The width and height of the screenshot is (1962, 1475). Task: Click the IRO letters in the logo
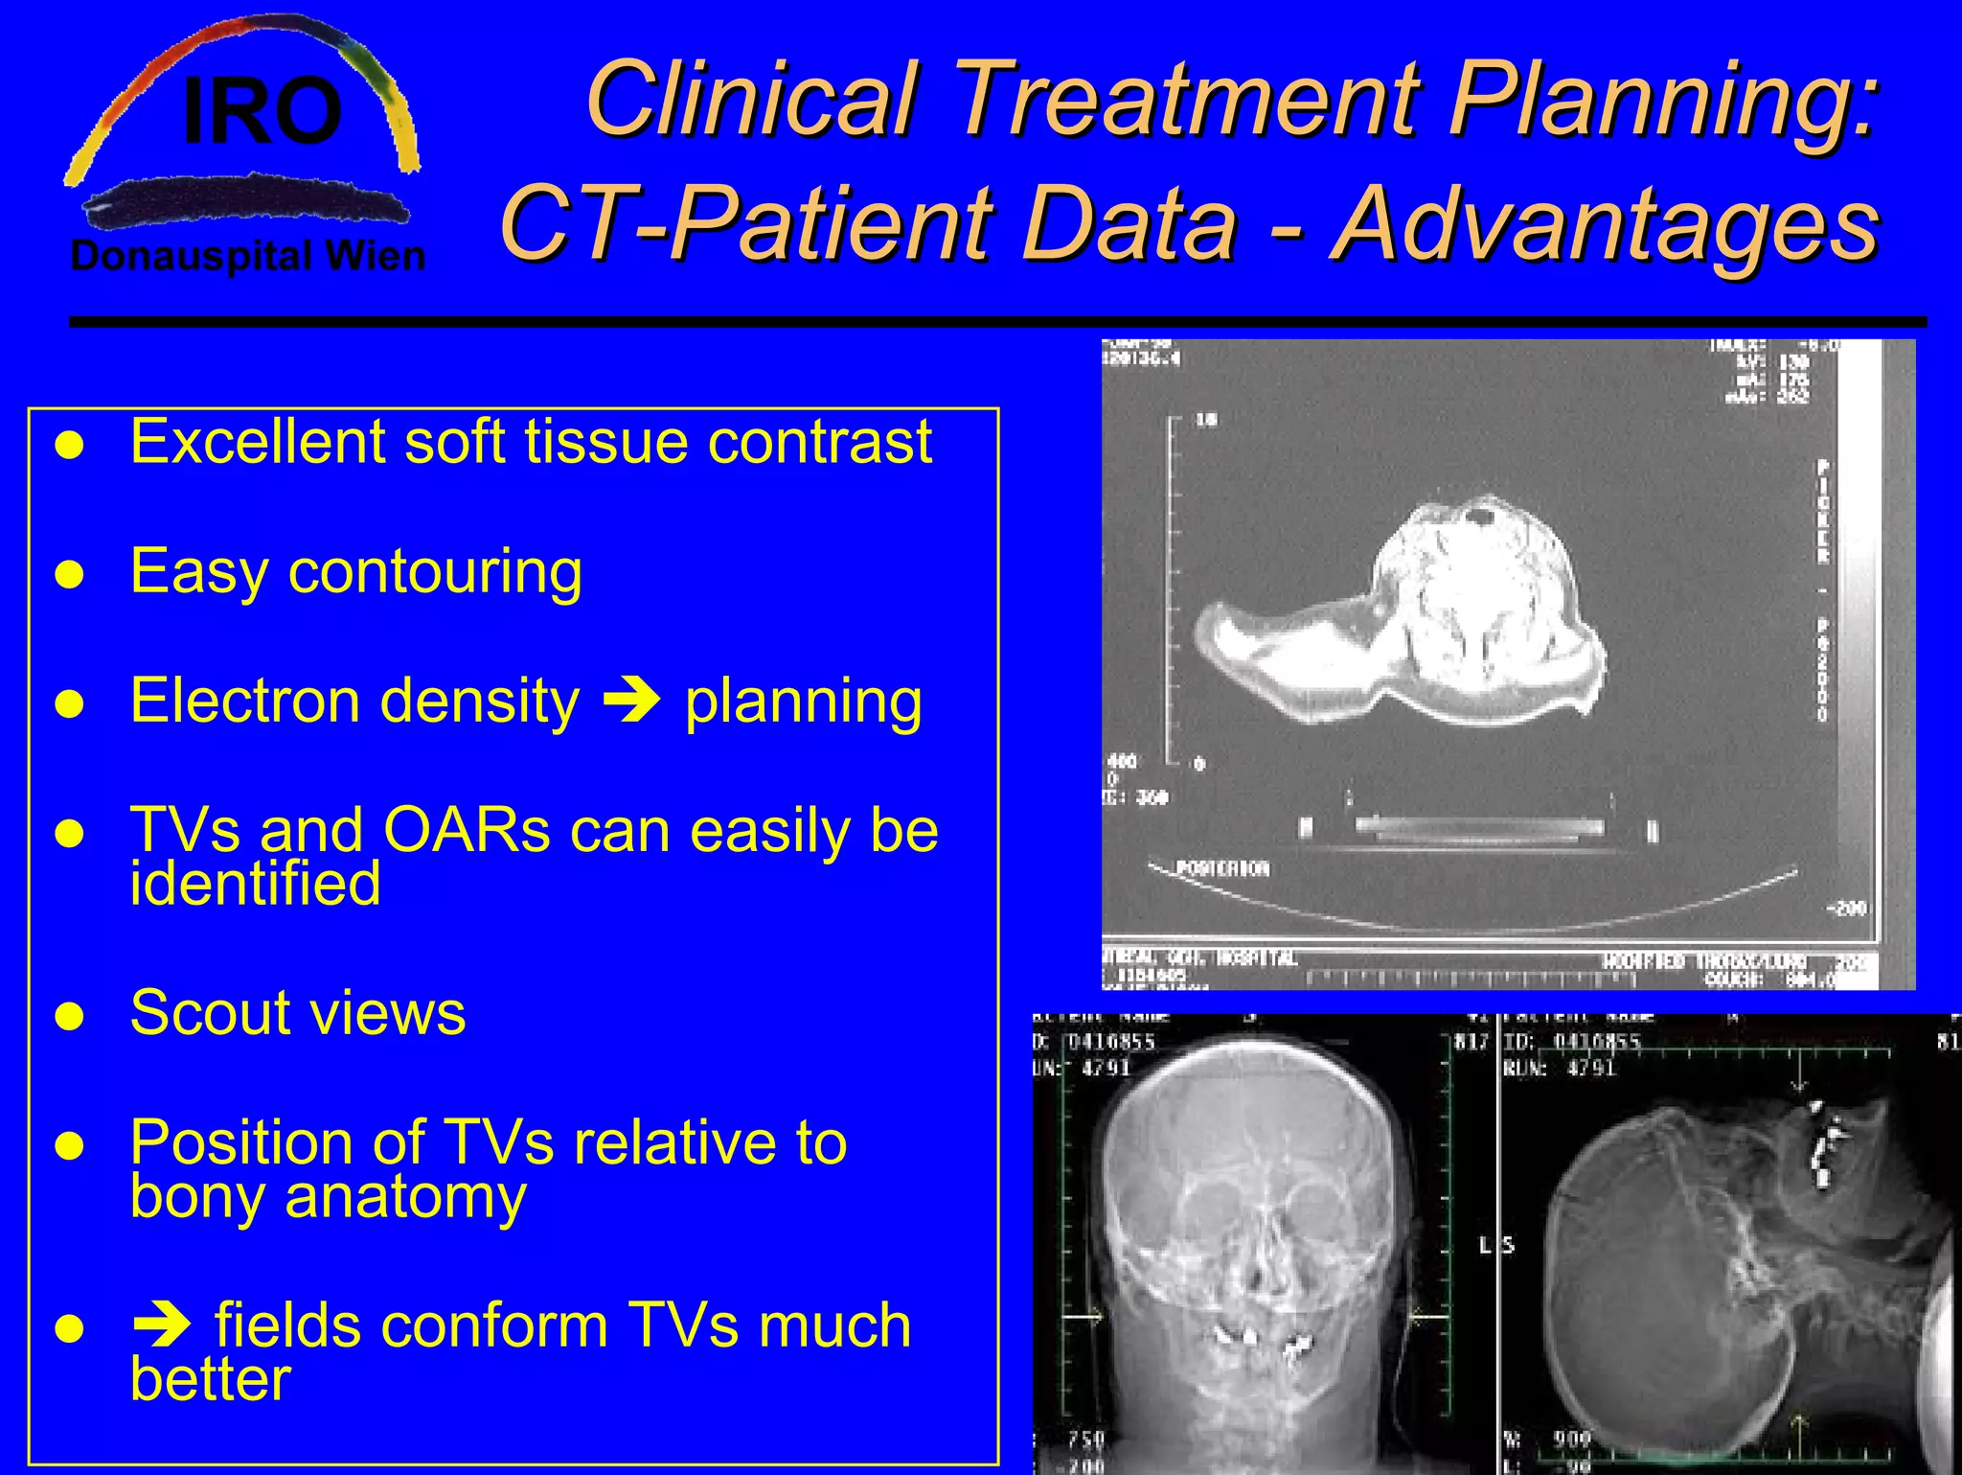tap(262, 113)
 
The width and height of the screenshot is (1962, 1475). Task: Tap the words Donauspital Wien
tap(247, 257)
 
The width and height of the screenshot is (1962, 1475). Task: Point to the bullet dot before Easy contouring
tap(70, 575)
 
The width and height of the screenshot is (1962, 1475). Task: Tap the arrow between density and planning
tap(631, 701)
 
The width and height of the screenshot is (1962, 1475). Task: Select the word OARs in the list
tap(467, 830)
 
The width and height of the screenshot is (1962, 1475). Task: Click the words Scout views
tap(297, 1013)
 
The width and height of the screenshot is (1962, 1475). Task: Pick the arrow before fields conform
tap(161, 1325)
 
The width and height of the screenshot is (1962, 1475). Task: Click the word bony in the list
tap(198, 1197)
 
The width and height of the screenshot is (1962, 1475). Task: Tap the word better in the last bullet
tap(210, 1379)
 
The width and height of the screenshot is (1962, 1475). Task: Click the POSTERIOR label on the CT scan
tap(1221, 869)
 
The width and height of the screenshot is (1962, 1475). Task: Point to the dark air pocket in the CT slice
tap(1483, 519)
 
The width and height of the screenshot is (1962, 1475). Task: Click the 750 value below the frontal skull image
tap(1087, 1439)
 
